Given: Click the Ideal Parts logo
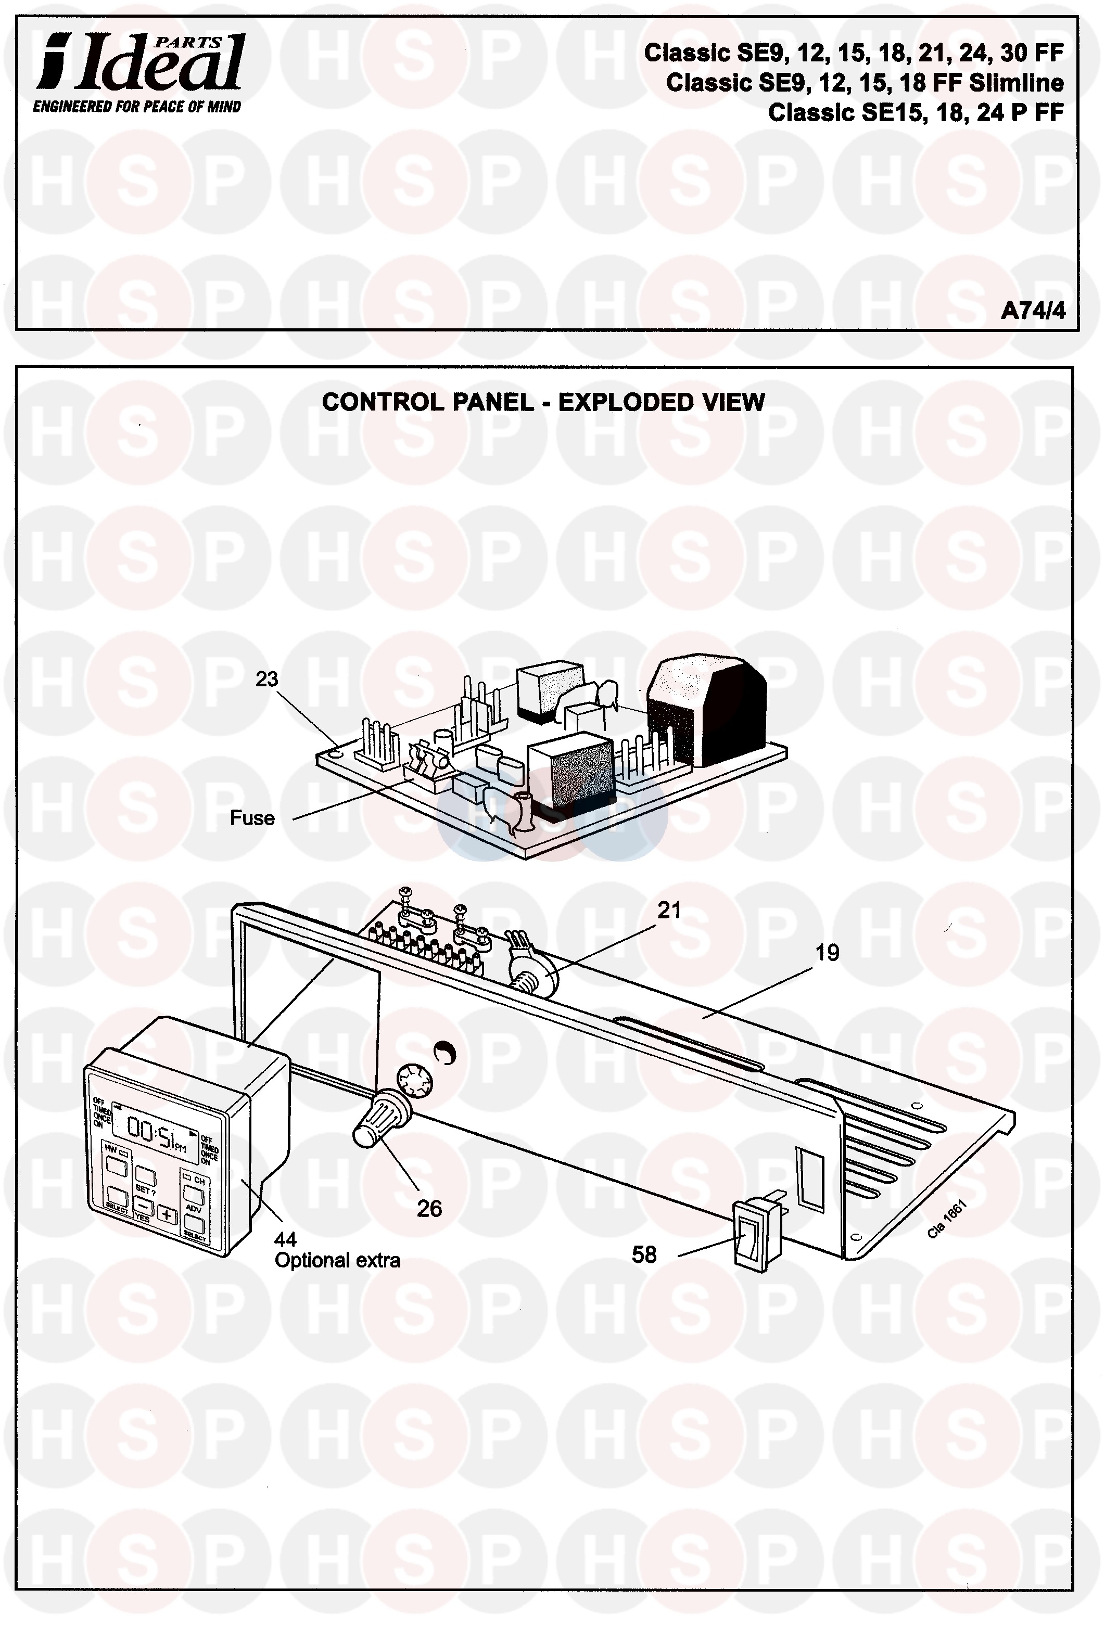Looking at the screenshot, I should click(x=140, y=63).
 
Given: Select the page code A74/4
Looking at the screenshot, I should click(x=1032, y=310).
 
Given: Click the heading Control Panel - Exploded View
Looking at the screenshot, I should click(x=543, y=403).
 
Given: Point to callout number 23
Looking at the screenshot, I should click(x=266, y=679).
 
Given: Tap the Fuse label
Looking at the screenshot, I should click(x=252, y=818).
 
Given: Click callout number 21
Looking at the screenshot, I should click(x=669, y=910).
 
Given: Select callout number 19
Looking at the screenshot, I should click(x=827, y=952).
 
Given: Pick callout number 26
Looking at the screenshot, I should click(x=429, y=1208).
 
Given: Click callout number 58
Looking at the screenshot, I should click(x=644, y=1254).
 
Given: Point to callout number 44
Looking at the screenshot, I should click(x=285, y=1240).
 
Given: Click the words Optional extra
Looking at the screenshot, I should click(x=337, y=1261).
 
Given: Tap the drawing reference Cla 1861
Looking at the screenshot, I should click(x=947, y=1220).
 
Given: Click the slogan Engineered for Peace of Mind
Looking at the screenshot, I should click(x=137, y=107).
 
